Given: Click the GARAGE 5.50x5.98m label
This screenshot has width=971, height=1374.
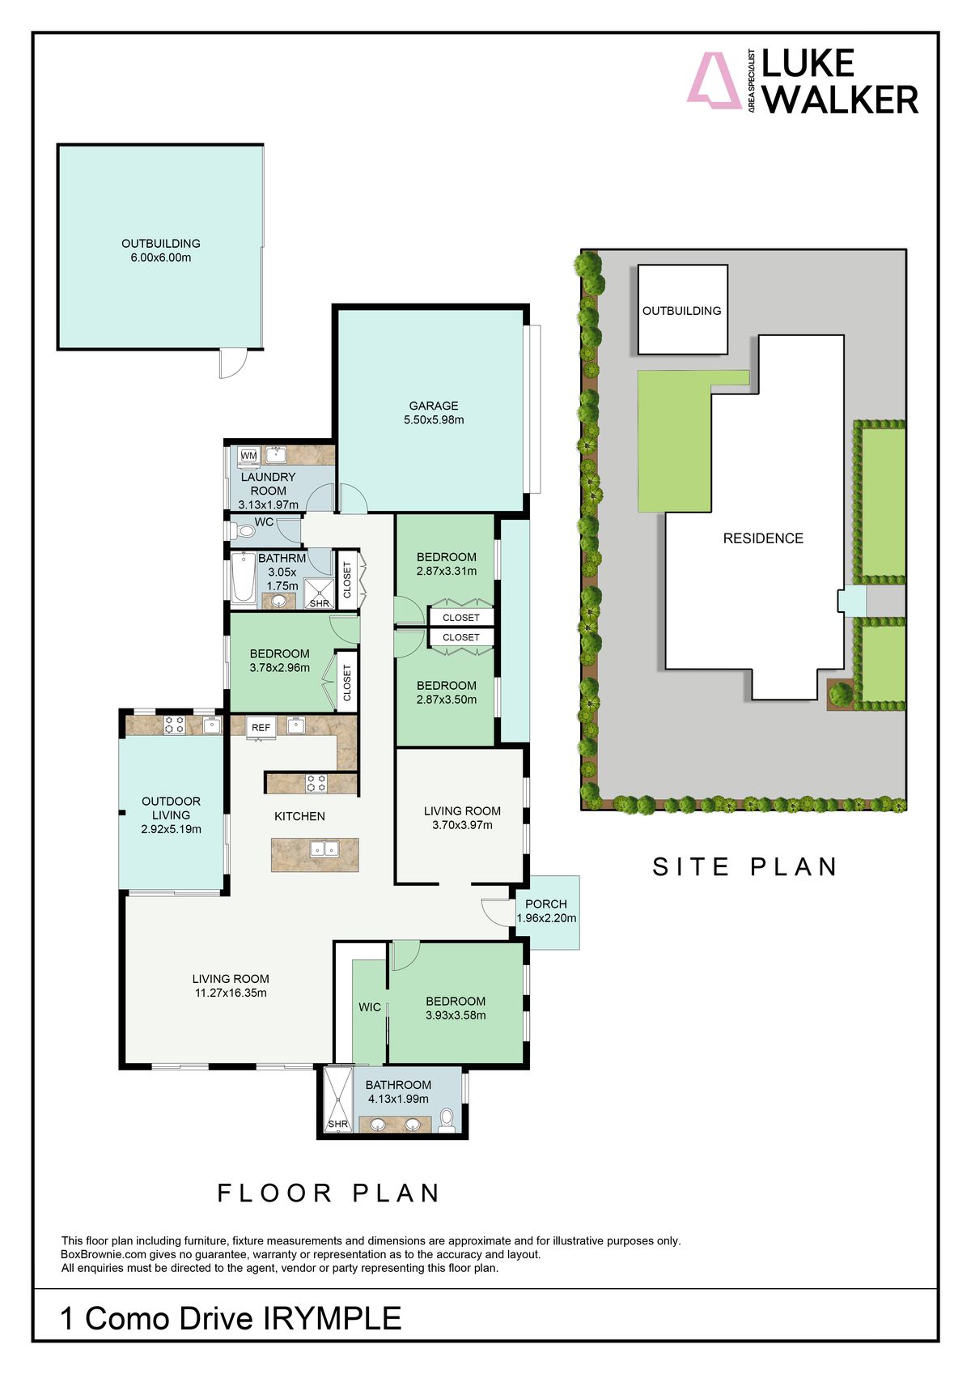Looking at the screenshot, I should [x=433, y=413].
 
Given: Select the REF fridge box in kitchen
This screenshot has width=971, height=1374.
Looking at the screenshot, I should [x=261, y=728].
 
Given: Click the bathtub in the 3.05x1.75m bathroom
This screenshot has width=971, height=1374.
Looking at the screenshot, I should [x=243, y=578].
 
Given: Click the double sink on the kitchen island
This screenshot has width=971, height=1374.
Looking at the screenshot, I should [x=324, y=849].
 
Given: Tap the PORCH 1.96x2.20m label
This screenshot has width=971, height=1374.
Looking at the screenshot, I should [x=546, y=911].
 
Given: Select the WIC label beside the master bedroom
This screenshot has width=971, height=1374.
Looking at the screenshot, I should [x=370, y=1007].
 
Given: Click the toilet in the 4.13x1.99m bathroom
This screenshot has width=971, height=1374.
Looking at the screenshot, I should [x=446, y=1121].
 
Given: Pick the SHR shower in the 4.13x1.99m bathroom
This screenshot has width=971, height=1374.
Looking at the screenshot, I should [x=337, y=1101].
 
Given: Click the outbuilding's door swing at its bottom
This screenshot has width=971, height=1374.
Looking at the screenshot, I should [x=231, y=364].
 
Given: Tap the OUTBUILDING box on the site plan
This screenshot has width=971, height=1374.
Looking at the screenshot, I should [x=682, y=310].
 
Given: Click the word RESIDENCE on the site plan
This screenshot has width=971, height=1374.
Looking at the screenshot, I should [x=763, y=538].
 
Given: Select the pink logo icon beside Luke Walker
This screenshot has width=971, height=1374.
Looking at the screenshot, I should [x=713, y=81].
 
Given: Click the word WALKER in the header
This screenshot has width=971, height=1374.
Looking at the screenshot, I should [x=840, y=100].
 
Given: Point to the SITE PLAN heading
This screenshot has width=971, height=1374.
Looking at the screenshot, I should [x=745, y=867].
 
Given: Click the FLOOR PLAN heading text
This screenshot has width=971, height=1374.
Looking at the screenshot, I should [x=329, y=1193].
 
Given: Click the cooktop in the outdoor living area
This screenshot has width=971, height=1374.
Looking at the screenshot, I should [x=174, y=725].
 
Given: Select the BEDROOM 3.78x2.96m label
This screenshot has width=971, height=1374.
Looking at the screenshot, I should [x=279, y=661].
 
